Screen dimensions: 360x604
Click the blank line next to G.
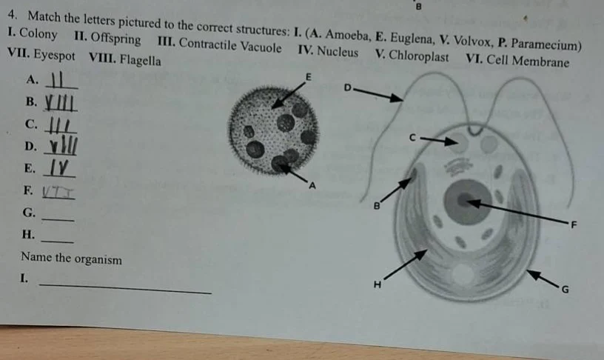tap(58, 219)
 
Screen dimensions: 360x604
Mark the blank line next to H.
tap(58, 241)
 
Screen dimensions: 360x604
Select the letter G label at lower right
tap(564, 289)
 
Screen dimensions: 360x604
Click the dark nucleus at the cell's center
tap(464, 200)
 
